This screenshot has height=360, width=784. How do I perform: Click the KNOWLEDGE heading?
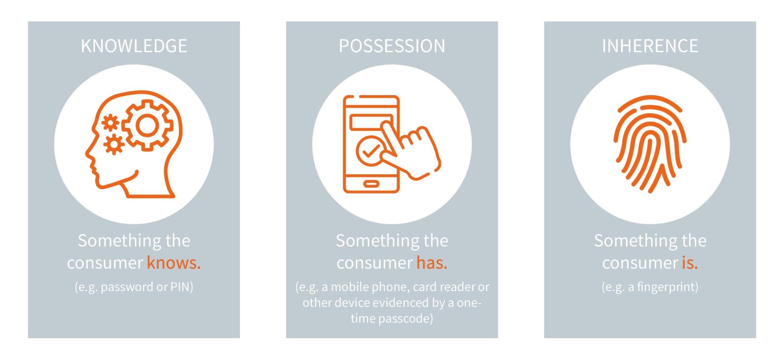click(134, 46)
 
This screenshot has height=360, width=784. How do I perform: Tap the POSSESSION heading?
click(392, 46)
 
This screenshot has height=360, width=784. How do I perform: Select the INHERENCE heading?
click(650, 46)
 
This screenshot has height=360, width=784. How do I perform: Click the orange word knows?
click(173, 263)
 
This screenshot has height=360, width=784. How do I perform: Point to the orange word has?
click(431, 263)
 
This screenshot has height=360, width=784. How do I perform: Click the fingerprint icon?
click(650, 144)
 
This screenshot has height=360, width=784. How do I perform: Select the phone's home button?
click(371, 184)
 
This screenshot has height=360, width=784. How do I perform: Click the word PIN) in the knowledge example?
click(181, 287)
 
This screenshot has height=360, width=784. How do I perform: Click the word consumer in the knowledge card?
click(105, 263)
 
